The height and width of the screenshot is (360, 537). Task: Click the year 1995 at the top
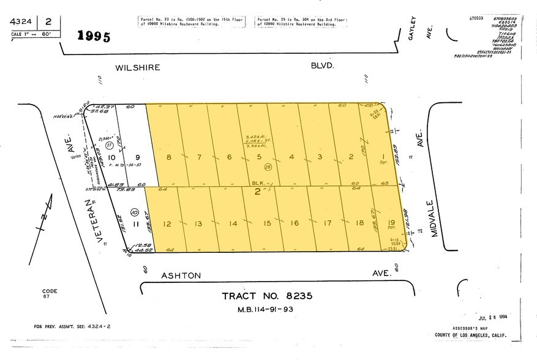coord(94,36)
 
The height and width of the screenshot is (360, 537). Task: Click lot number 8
coord(169,157)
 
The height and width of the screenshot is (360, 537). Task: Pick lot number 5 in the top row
coord(260,157)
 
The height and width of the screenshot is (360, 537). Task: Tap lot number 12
coord(167,224)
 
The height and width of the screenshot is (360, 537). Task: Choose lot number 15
coord(267,224)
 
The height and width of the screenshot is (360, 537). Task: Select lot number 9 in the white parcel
coord(138,157)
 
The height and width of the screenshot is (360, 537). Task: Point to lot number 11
coord(137,224)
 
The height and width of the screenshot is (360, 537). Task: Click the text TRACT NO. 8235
coord(267,296)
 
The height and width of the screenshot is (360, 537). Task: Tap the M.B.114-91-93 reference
coord(267,309)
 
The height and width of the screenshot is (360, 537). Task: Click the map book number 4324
coord(20,21)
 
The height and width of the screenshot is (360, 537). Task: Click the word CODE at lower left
coord(50,291)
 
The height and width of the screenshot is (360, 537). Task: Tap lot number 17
coord(328,224)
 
